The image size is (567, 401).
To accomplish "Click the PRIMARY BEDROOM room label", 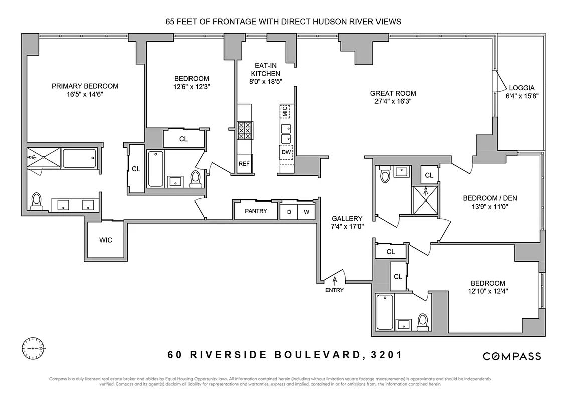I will coord(85,86).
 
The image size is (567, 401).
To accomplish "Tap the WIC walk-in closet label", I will coord(105,240).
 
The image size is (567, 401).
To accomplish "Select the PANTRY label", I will coord(256,211).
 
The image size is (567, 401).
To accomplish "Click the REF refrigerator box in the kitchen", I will coord(244,164).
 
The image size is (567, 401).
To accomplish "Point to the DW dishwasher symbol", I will coord(285,152).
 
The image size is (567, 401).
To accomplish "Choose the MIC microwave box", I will coord(285,111).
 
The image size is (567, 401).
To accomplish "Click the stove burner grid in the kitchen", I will coord(245,131).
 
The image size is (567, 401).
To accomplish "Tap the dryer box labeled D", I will coord(288,212).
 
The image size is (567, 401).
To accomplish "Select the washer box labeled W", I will coord(306,212).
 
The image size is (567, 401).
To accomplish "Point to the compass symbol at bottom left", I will coord(34,347).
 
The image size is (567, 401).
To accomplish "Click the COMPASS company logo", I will coord(512,356).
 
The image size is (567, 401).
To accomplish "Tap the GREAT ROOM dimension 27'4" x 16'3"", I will coord(393,101).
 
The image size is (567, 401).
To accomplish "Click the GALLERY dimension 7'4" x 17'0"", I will coord(347,227).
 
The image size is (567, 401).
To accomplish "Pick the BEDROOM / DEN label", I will coord(490,198).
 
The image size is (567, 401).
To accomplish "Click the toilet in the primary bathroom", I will coord(36,201).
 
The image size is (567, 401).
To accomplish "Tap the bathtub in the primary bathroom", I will coord(79,158).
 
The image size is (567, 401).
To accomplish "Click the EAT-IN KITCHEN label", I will coord(266,70).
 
